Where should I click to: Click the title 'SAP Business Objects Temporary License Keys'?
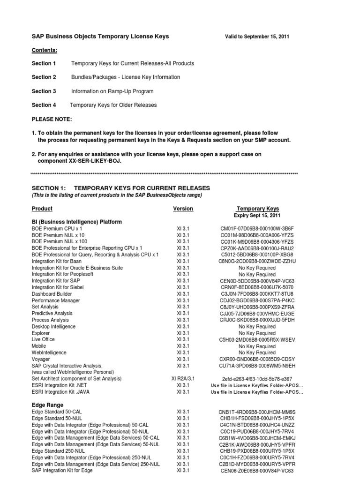pyautogui.click(x=100, y=36)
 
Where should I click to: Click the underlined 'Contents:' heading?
pyautogui.click(x=45, y=50)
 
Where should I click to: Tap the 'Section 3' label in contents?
pyautogui.click(x=44, y=91)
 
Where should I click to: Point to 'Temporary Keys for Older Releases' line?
pyautogui.click(x=113, y=105)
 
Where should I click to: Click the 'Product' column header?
pyautogui.click(x=42, y=209)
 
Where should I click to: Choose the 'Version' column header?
pyautogui.click(x=183, y=209)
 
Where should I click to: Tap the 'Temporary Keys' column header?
pyautogui.click(x=257, y=209)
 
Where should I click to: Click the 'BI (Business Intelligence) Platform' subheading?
pyautogui.click(x=77, y=222)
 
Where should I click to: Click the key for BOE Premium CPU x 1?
pyautogui.click(x=257, y=228)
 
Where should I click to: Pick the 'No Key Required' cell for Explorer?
pyautogui.click(x=257, y=333)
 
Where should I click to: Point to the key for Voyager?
pyautogui.click(x=257, y=360)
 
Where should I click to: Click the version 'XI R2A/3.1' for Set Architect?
pyautogui.click(x=183, y=379)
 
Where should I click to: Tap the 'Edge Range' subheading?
pyautogui.click(x=47, y=405)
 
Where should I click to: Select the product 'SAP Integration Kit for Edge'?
pyautogui.click(x=62, y=470)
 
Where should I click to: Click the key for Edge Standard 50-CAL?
pyautogui.click(x=257, y=412)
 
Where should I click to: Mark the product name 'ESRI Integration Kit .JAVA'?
pyautogui.click(x=62, y=391)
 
